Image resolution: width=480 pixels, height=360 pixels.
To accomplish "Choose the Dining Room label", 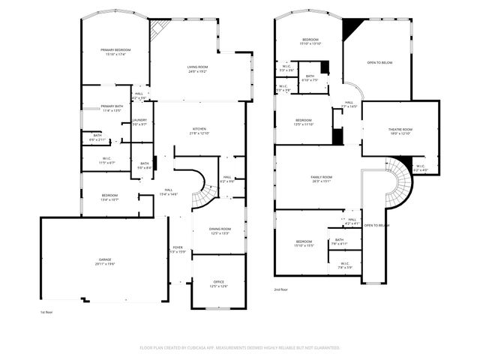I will tap(220, 230).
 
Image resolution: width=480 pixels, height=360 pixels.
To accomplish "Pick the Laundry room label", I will tap(139, 121).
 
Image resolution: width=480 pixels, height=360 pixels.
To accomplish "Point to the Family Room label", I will tap(322, 178).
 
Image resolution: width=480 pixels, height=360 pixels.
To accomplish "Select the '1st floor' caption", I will tap(46, 312).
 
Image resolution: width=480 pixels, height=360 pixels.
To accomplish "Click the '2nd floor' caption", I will tap(280, 289).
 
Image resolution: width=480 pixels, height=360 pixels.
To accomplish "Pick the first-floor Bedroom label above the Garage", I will tap(109, 197).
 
